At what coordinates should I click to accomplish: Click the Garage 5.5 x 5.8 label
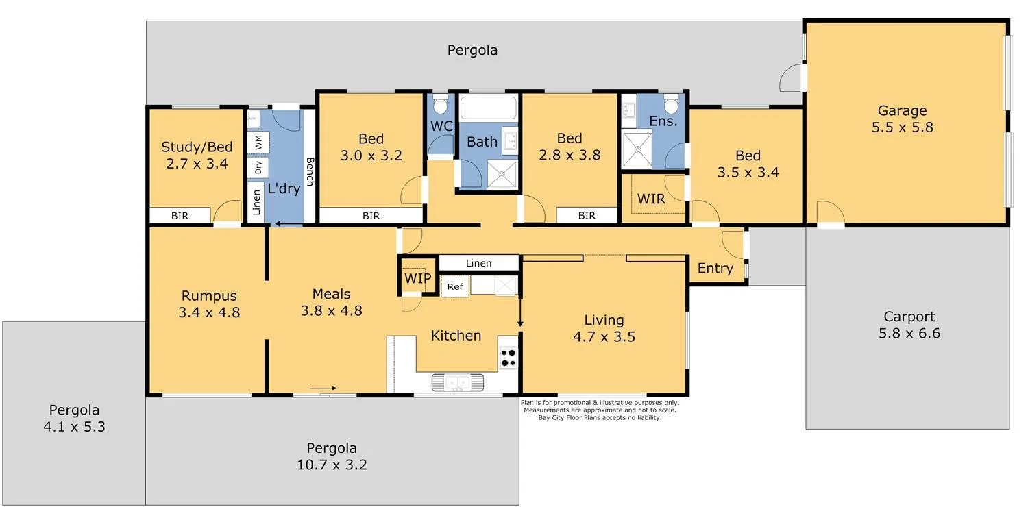click(903, 119)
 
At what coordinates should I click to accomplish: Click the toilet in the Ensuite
click(671, 104)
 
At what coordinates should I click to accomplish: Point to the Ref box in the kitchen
click(455, 286)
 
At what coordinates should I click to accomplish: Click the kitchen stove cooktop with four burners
click(509, 358)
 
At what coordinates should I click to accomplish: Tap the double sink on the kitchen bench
click(456, 382)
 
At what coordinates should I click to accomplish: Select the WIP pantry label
click(417, 278)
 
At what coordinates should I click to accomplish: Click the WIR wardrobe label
click(651, 199)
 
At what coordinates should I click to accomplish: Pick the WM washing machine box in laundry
click(258, 143)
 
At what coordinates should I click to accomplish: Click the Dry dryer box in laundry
click(258, 166)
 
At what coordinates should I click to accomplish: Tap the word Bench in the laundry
click(310, 173)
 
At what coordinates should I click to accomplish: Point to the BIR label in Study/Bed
click(180, 216)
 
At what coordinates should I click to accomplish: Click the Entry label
click(715, 269)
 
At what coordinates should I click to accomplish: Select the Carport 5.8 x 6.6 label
click(909, 325)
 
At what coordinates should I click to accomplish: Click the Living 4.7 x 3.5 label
click(604, 328)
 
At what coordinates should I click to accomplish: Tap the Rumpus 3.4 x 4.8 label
click(209, 304)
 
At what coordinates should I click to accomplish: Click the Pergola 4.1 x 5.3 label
click(74, 418)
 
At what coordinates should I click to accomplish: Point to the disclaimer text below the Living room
click(600, 410)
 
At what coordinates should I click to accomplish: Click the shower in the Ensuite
click(636, 149)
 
